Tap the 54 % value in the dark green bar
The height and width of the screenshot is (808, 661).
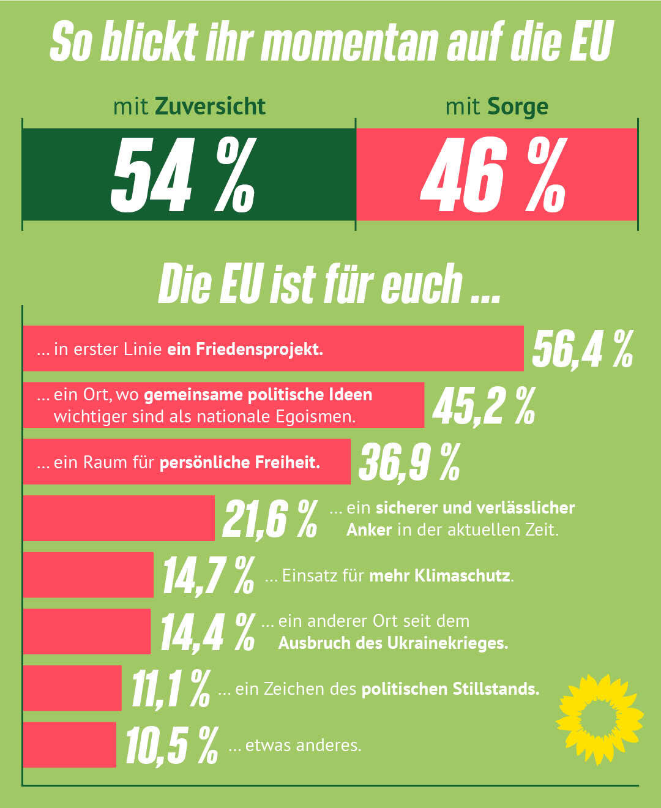pyautogui.click(x=182, y=175)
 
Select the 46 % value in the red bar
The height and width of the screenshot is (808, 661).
pyautogui.click(x=493, y=175)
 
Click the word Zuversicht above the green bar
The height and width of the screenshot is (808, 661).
pyautogui.click(x=210, y=107)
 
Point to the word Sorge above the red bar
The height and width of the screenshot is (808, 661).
pyautogui.click(x=518, y=107)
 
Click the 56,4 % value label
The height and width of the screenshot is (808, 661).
pyautogui.click(x=582, y=350)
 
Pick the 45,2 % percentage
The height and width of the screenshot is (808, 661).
pyautogui.click(x=484, y=405)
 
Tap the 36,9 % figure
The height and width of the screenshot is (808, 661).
pyautogui.click(x=409, y=462)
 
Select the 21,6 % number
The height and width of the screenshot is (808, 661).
pyautogui.click(x=270, y=519)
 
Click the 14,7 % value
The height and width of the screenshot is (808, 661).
pyautogui.click(x=208, y=575)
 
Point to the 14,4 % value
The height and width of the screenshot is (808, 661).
pyautogui.click(x=207, y=632)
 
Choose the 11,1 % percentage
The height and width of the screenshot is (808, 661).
pyautogui.click(x=171, y=689)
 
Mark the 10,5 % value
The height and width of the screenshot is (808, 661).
pyautogui.click(x=171, y=746)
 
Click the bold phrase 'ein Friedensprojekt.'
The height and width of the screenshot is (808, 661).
pyautogui.click(x=245, y=349)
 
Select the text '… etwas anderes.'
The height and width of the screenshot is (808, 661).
pyautogui.click(x=295, y=746)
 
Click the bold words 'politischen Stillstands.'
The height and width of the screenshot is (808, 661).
pyautogui.click(x=450, y=689)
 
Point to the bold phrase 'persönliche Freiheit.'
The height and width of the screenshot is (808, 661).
pyautogui.click(x=240, y=462)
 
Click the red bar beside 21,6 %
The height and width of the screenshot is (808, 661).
pyautogui.click(x=119, y=518)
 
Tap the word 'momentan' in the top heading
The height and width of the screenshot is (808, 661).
pyautogui.click(x=350, y=43)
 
